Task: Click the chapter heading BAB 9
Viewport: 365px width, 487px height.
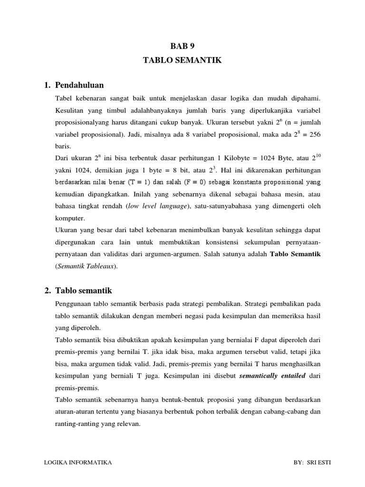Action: (182, 46)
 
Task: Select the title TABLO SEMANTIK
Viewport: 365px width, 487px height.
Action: (182, 60)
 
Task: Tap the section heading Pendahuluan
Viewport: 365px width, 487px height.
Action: (79, 85)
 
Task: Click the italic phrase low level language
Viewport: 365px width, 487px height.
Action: (159, 206)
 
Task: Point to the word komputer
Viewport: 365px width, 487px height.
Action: (70, 218)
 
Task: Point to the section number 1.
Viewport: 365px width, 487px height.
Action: (47, 85)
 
